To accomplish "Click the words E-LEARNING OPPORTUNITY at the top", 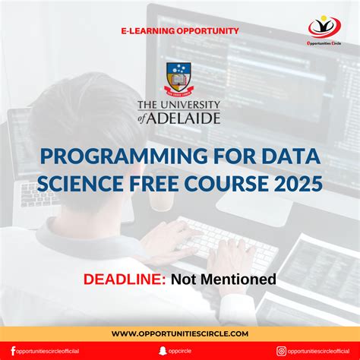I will click(x=180, y=31).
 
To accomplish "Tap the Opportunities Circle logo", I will click(x=324, y=28).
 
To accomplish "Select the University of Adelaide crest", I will click(x=180, y=80).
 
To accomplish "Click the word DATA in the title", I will click(x=288, y=158).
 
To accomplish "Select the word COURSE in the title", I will click(x=226, y=184).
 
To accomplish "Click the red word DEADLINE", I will click(x=125, y=279).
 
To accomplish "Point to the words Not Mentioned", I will click(x=223, y=279).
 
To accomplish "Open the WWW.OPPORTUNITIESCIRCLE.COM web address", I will click(x=180, y=333).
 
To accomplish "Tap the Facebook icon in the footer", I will click(x=13, y=351).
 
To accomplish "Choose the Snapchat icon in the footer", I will click(x=163, y=351).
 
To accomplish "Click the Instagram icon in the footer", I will click(x=281, y=351).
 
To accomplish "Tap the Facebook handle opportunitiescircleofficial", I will click(x=49, y=351).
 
